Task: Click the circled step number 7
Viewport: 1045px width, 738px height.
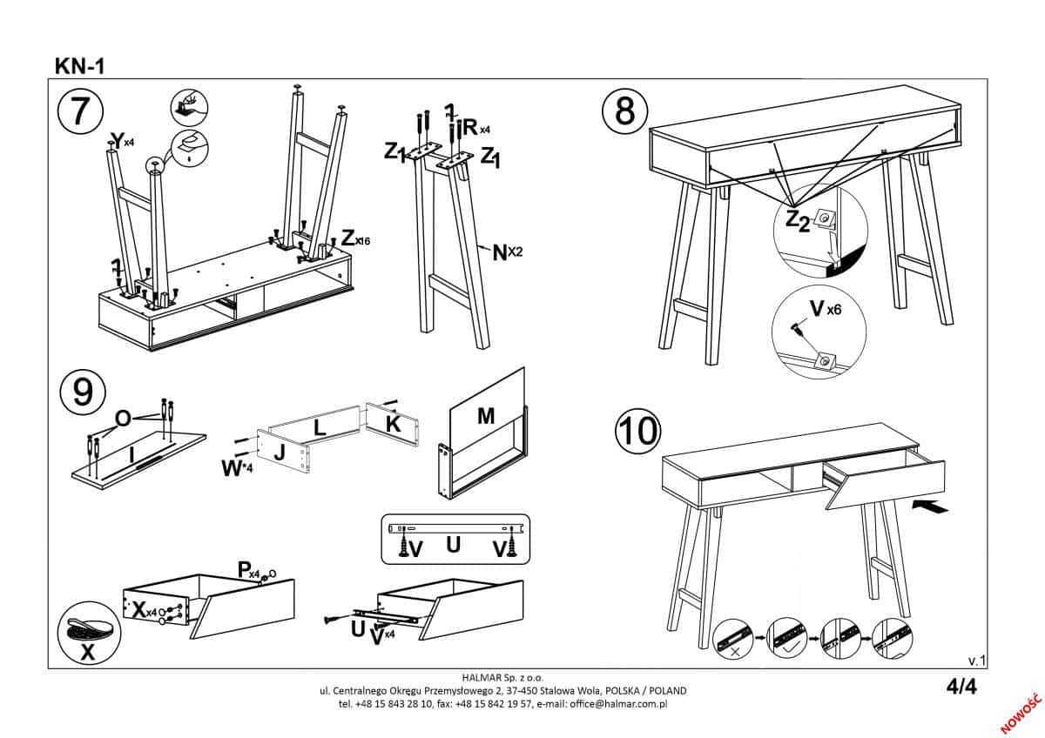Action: (x=79, y=113)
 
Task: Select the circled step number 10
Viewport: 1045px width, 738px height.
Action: (x=637, y=431)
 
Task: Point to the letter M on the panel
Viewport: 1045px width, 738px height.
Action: (x=486, y=417)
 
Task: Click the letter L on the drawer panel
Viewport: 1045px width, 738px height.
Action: (x=320, y=427)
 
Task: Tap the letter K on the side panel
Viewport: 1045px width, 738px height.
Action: (x=393, y=424)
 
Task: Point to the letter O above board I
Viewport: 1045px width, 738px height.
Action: (x=123, y=419)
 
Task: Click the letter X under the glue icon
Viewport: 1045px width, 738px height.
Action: (x=87, y=654)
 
